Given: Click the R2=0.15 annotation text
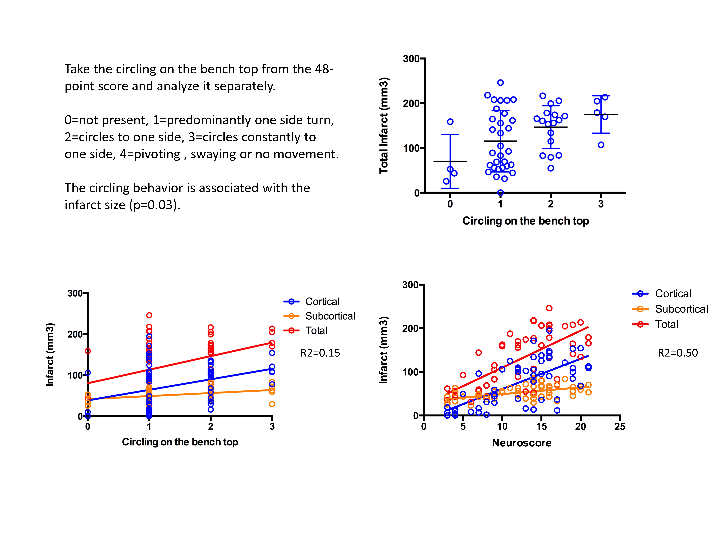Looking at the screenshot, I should click(320, 353).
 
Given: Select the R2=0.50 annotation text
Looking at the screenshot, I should click(677, 353).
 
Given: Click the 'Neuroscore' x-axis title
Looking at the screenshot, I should click(521, 443).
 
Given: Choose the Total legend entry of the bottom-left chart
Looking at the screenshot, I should click(316, 330).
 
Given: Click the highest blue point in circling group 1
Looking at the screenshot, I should click(500, 83).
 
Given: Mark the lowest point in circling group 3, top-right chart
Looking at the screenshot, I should click(601, 145).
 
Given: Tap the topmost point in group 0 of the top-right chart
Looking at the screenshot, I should click(450, 122).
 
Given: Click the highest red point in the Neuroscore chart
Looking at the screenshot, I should click(549, 308).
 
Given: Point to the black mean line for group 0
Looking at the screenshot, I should click(450, 161).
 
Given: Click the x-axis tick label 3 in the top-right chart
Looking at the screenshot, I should click(601, 204).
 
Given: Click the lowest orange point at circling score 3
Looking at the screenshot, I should click(272, 404).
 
